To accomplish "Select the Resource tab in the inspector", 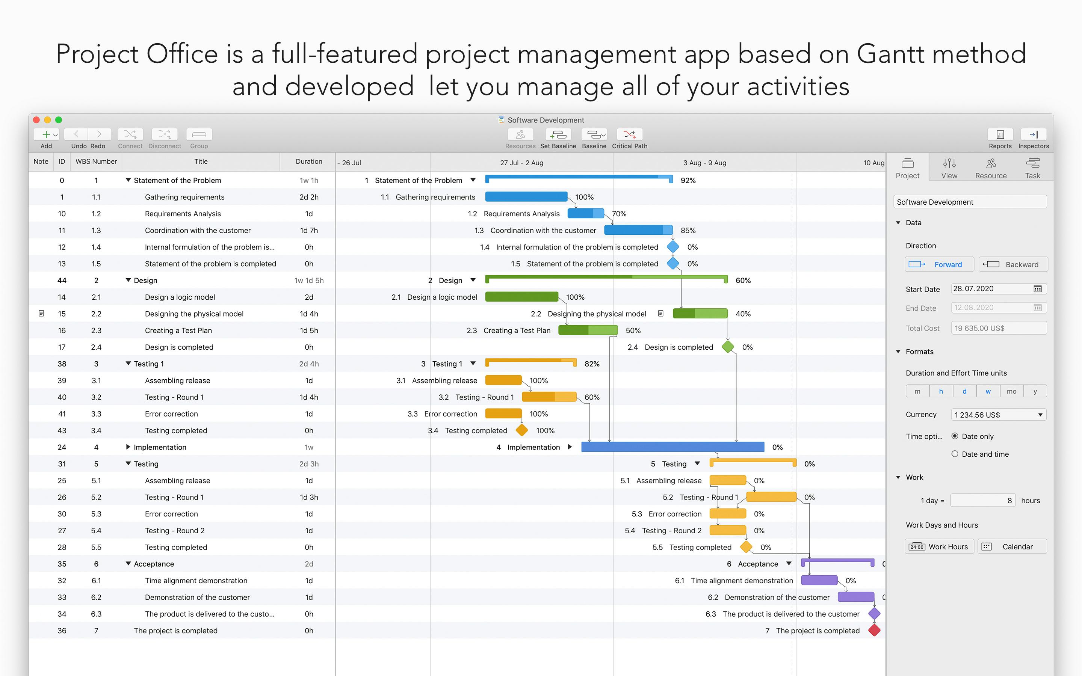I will (990, 168).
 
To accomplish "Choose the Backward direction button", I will (1013, 265).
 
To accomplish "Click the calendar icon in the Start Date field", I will (1037, 289).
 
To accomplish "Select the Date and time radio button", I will (955, 454).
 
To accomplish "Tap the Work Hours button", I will (939, 546).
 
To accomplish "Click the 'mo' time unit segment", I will (1011, 391).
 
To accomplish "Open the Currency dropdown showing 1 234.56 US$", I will (998, 415).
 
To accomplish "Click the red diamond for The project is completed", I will (874, 631).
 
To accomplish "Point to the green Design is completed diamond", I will (728, 347).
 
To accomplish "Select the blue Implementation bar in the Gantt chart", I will (672, 447).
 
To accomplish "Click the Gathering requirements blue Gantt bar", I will (526, 197).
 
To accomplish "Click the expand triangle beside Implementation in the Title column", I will (128, 447).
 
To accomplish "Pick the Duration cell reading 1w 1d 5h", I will (308, 280).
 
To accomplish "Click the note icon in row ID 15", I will (41, 314).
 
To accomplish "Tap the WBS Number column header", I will (96, 162).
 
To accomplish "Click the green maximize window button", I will (59, 120).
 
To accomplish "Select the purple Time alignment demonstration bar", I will (819, 580).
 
